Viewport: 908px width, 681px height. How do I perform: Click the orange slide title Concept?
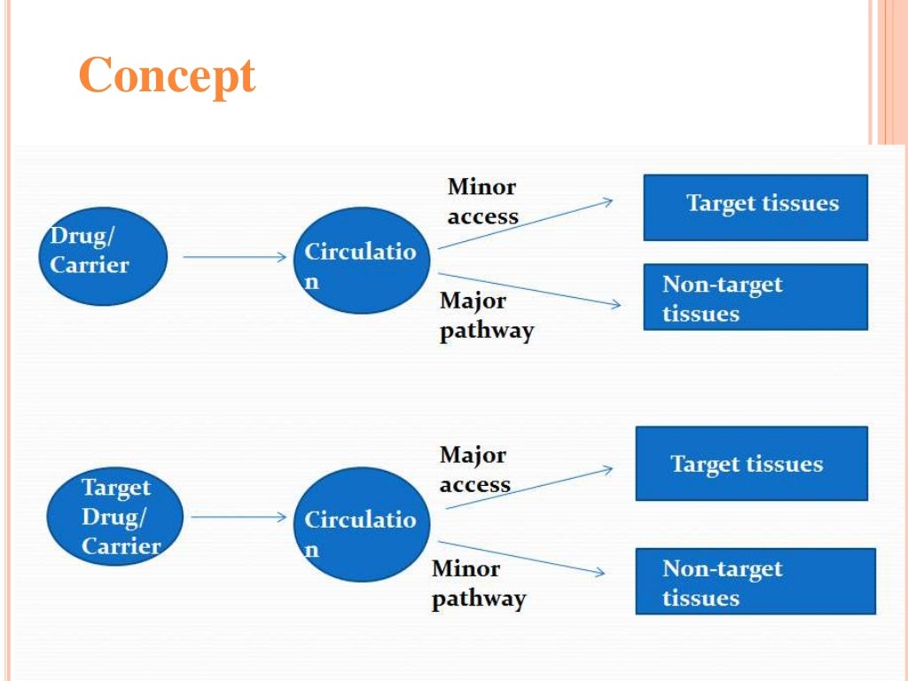coord(167,76)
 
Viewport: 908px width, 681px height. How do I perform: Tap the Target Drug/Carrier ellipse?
coord(116,516)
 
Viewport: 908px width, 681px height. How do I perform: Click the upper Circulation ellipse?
coord(361,260)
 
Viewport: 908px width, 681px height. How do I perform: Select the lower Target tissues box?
coord(751,464)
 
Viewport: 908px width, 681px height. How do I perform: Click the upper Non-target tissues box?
coord(755,298)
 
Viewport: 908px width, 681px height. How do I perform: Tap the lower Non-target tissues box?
coord(755,582)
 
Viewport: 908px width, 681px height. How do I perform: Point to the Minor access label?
coord(482,201)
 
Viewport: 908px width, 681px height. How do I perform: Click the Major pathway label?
coord(487,316)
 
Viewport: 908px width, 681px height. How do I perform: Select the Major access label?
coord(474,470)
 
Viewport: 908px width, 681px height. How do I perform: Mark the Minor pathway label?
coord(478,583)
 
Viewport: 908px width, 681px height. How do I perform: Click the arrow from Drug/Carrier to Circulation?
coord(235,257)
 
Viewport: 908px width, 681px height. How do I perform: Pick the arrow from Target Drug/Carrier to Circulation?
coord(239,517)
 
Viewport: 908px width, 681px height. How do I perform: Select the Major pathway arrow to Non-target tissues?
coord(530,290)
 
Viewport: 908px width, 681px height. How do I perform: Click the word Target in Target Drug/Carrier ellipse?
coord(116,488)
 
